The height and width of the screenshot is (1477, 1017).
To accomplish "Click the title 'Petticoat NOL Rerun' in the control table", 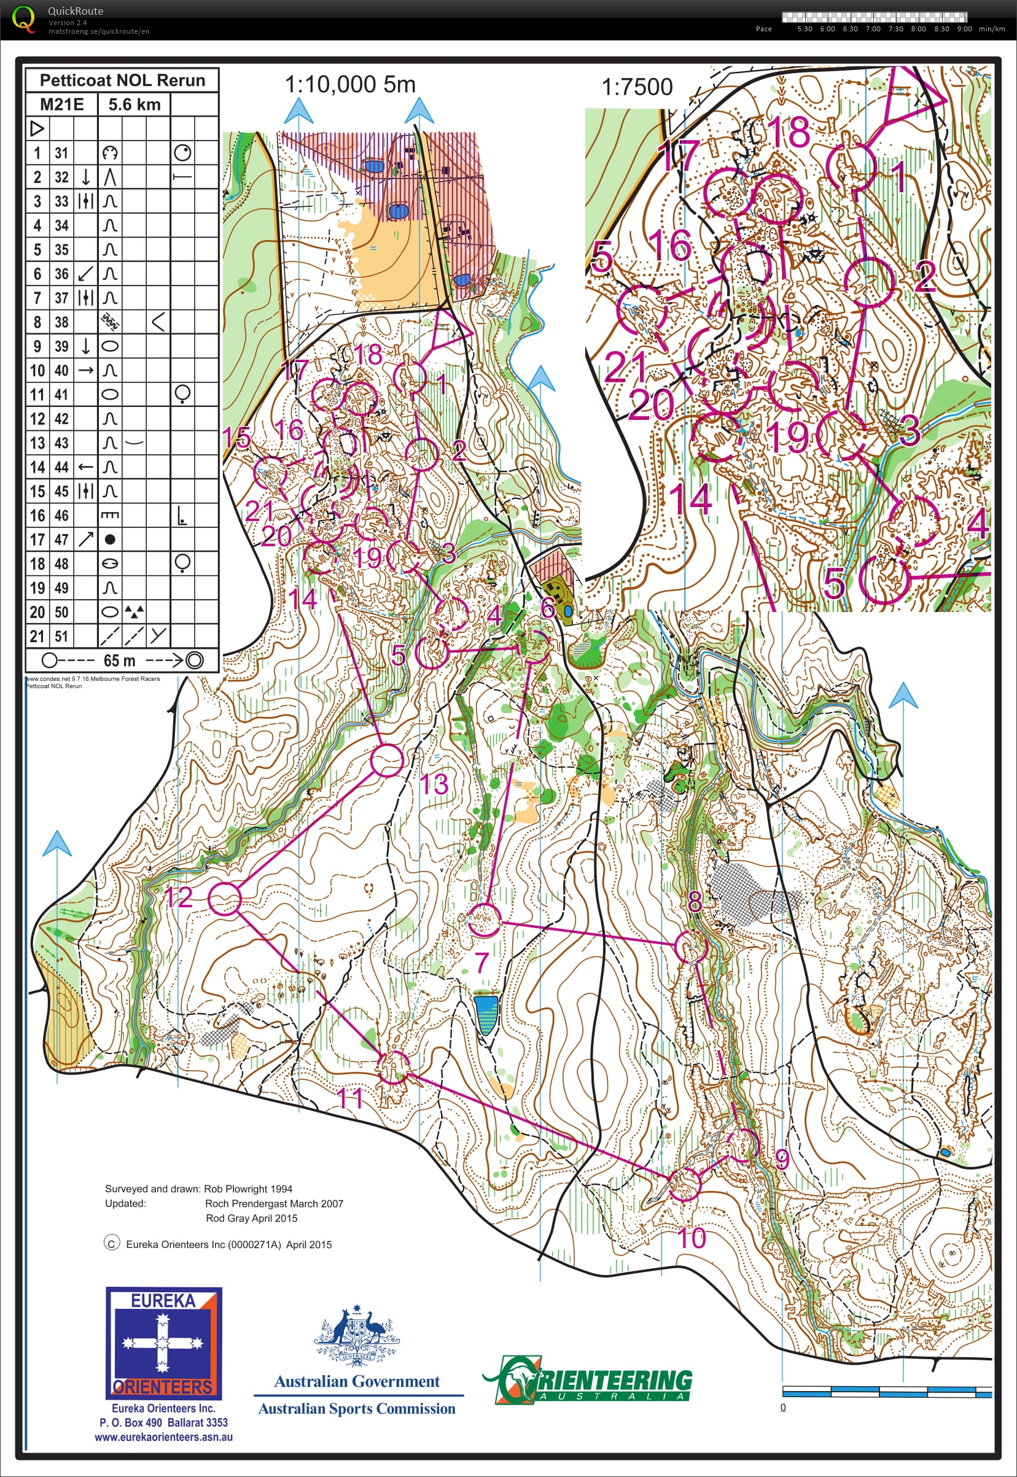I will [x=122, y=80].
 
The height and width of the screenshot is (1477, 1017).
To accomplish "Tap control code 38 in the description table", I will [x=61, y=322].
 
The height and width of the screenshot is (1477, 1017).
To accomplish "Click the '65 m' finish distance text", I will [x=120, y=661].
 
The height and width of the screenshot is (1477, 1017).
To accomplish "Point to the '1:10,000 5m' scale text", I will [x=350, y=84].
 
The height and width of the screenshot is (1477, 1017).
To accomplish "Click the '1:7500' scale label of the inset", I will [x=637, y=87].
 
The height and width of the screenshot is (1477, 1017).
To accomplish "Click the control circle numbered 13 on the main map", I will [x=387, y=761].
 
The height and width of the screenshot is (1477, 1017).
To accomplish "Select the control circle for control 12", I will [x=225, y=899].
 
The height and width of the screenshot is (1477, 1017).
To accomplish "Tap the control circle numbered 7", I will [x=484, y=920].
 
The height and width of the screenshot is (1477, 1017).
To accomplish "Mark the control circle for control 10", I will [x=684, y=1184].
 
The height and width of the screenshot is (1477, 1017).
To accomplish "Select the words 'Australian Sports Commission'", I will [x=356, y=1408].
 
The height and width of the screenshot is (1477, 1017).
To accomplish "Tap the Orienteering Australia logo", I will [x=586, y=1379].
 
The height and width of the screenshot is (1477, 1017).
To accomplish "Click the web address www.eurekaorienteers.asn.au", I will [x=163, y=1437].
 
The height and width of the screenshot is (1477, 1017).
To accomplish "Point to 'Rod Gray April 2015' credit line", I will [x=251, y=1218].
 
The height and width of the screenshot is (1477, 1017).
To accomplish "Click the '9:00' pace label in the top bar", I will [x=964, y=29].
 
